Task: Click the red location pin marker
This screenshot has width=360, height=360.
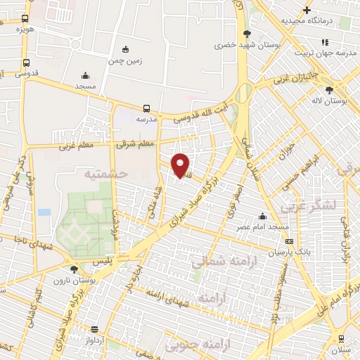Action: [x=181, y=165]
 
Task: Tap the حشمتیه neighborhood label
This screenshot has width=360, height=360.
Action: [x=105, y=173]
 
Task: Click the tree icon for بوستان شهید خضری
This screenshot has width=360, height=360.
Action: [x=246, y=34]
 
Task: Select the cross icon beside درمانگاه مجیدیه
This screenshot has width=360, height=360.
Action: [x=306, y=10]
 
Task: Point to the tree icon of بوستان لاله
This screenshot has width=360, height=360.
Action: [x=330, y=89]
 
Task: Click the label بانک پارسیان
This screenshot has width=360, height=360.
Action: [x=290, y=251]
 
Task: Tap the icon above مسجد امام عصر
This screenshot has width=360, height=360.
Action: [x=262, y=217]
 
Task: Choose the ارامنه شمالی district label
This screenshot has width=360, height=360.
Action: [x=219, y=262]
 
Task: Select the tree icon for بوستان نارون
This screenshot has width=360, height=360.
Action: [x=74, y=269]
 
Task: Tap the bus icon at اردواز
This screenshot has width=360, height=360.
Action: [x=94, y=328]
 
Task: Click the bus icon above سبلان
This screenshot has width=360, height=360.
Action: [x=341, y=338]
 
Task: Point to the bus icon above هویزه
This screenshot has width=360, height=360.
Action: [x=25, y=19]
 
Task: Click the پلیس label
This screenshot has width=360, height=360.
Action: [x=103, y=260]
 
